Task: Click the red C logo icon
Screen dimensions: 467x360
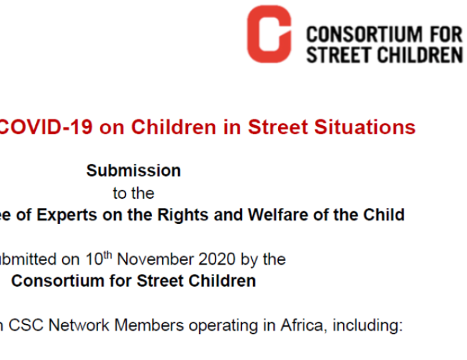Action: click(270, 34)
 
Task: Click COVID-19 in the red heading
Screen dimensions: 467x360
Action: click(45, 127)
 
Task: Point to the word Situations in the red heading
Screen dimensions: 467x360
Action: click(365, 127)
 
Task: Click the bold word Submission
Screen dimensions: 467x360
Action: click(133, 171)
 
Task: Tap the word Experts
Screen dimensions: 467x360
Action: click(67, 215)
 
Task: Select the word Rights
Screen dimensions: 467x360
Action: click(183, 215)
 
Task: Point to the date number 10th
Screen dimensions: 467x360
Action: click(99, 259)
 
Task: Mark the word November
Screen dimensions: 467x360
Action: click(155, 259)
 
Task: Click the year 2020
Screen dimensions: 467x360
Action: click(217, 259)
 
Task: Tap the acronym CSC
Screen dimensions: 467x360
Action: click(26, 325)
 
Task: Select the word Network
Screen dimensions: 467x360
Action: click(79, 325)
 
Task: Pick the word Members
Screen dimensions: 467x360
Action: click(149, 325)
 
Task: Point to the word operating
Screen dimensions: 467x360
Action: click(223, 326)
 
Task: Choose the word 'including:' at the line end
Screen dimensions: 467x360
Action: click(368, 326)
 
